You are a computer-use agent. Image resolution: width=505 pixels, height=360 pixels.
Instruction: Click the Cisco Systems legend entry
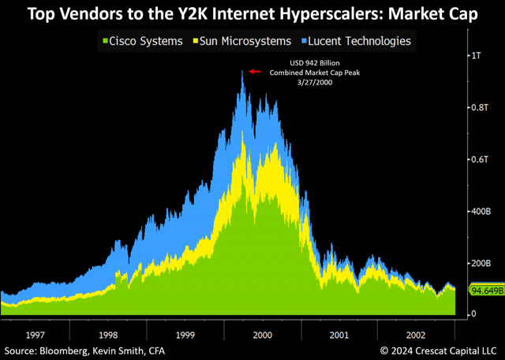tap(143, 40)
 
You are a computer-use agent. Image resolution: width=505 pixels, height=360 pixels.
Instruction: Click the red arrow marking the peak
tap(254, 71)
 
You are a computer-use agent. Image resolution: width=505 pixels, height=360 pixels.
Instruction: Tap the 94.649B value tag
tap(486, 290)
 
